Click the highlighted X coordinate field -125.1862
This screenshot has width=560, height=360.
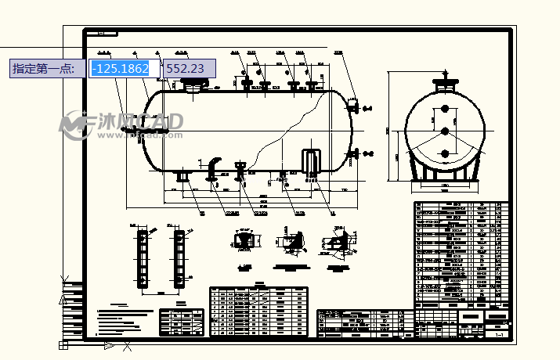pos(120,69)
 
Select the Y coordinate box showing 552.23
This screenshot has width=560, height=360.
pos(185,69)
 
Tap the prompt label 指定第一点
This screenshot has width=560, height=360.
pos(44,69)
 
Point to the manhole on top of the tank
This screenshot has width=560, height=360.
pos(191,86)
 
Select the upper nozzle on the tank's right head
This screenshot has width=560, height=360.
pos(353,106)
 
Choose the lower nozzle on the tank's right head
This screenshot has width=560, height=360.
pos(356,152)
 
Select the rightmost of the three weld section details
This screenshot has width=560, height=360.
pos(338,243)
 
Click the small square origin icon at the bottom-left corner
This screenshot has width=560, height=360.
pos(63,344)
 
